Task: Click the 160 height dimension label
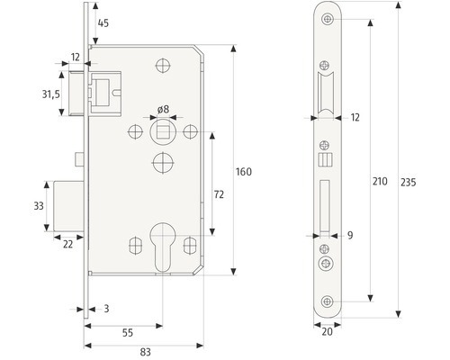[244, 172]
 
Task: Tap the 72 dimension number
[219, 194]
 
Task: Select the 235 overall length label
[409, 182]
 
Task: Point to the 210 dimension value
[380, 181]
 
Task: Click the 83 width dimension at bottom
[145, 352]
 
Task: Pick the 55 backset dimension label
[128, 332]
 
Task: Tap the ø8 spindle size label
[163, 109]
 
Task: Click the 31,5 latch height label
[50, 94]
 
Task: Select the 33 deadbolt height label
[39, 206]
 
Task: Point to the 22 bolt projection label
[68, 245]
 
